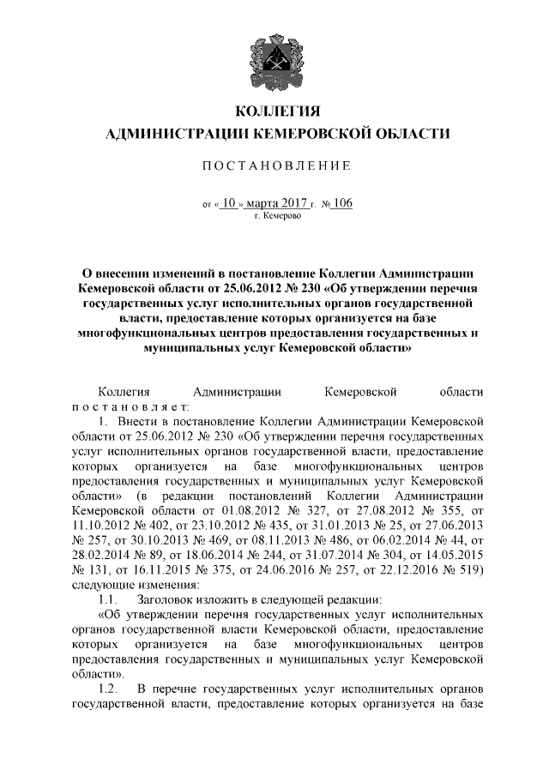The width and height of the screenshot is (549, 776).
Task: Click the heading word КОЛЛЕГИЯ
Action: click(x=275, y=112)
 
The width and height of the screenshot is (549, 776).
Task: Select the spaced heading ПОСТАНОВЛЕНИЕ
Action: click(x=275, y=165)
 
